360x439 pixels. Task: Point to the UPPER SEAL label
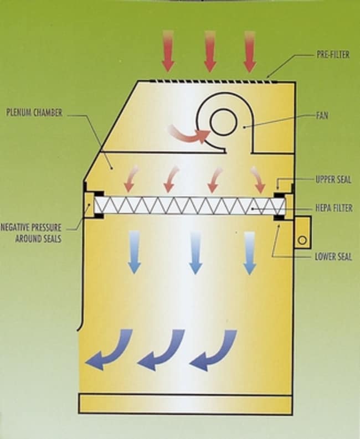(x=333, y=179)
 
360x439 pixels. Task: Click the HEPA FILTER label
(x=332, y=208)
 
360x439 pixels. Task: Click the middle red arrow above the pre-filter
(x=210, y=50)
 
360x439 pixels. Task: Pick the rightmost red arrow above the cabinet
(x=250, y=50)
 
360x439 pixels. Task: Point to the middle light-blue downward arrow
(x=194, y=252)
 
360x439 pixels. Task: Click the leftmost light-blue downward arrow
(x=134, y=252)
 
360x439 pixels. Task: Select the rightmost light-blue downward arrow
(x=250, y=252)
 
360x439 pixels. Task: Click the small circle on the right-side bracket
(x=302, y=240)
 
